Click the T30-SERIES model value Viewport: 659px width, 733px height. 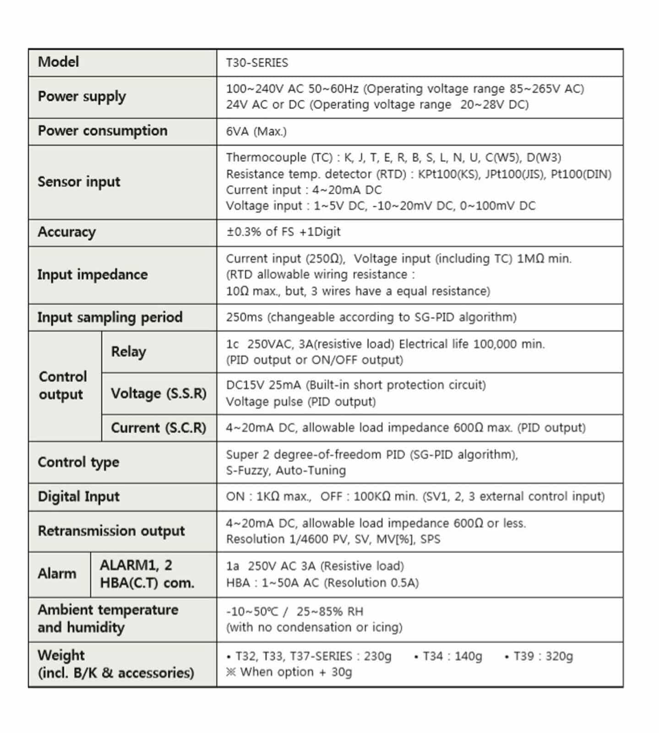pos(257,63)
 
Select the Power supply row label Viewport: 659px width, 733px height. pos(82,97)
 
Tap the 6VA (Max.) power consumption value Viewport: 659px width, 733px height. pos(256,131)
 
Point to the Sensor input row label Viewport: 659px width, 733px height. pos(79,182)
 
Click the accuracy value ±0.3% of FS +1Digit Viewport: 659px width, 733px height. pos(283,232)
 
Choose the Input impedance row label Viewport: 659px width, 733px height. pos(93,274)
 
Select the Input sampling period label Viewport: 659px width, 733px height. pos(110,317)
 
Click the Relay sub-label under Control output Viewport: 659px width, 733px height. pos(129,351)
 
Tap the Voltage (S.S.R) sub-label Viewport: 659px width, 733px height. pos(158,393)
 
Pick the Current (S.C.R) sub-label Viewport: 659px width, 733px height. pos(158,427)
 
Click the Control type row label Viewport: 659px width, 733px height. pos(78,462)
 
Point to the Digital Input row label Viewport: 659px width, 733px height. pos(78,497)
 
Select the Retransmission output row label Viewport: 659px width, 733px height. pos(111,531)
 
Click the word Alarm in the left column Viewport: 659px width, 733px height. pos(57,574)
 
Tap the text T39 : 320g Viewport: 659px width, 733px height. pos(543,656)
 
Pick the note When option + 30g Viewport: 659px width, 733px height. pos(296,672)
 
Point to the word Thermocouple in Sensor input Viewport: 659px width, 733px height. pos(266,158)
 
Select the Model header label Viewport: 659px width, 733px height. pos(58,62)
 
